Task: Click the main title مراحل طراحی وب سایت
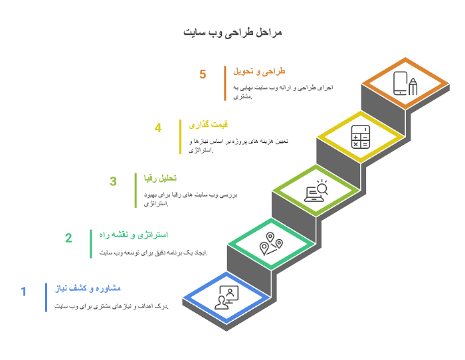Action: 232,33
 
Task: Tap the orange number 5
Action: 203,74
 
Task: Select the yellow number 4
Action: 158,128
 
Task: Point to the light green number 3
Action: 114,181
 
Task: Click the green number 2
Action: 68,238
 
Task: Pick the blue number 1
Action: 24,291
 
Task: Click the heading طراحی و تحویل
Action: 259,71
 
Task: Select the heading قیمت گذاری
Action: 209,125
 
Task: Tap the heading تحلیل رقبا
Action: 161,178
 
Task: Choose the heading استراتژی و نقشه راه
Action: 134,235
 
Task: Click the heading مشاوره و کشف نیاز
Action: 88,288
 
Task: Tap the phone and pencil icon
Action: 405,83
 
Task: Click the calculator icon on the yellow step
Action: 361,137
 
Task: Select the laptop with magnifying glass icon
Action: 316,191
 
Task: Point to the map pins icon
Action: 271,244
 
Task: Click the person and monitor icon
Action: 227,298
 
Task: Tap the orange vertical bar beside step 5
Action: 225,83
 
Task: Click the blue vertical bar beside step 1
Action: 46,298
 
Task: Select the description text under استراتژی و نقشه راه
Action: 153,252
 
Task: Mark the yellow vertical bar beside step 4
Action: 180,137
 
